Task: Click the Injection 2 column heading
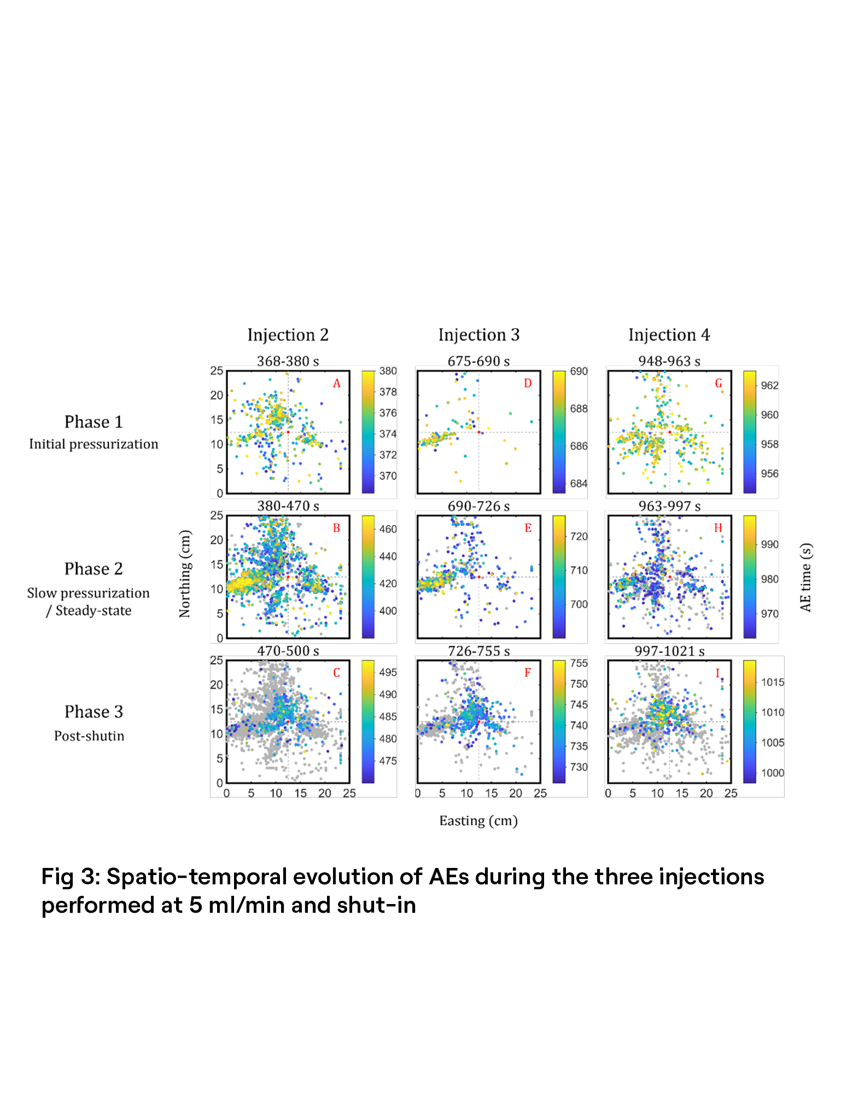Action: (288, 335)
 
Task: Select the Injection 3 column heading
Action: (478, 335)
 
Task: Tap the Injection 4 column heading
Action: (669, 335)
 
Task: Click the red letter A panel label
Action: (337, 383)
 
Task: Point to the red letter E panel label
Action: (528, 528)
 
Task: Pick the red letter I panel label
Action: (717, 673)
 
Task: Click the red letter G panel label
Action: (719, 383)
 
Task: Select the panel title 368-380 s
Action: (288, 361)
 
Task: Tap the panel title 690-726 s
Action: (478, 506)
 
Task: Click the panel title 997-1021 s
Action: (669, 651)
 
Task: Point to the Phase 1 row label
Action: (94, 422)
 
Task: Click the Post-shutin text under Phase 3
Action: (89, 736)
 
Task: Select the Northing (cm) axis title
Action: (185, 574)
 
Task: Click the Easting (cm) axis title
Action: (478, 820)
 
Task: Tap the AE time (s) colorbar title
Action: (805, 577)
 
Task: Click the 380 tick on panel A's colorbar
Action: (388, 371)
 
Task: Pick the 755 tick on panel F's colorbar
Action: (579, 663)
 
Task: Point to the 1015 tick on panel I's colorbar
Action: (773, 682)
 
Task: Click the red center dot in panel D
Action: (479, 432)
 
